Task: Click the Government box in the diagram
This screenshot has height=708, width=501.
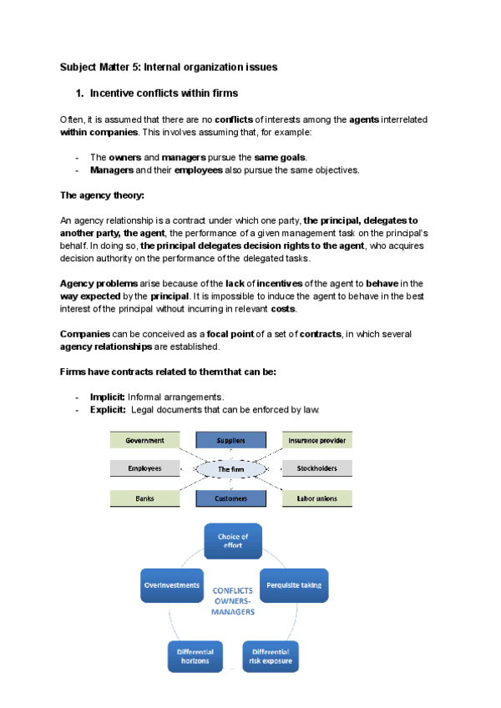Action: coord(144,440)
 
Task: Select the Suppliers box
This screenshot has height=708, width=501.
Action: coord(230,440)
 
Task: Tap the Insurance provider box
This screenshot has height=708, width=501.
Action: coord(316,440)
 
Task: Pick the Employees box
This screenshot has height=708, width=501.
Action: coord(144,469)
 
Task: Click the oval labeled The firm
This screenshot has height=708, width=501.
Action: coord(230,470)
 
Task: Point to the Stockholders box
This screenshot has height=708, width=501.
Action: coord(316,469)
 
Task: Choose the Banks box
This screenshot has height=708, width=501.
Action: coord(144,498)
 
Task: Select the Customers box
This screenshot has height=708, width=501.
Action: coord(230,498)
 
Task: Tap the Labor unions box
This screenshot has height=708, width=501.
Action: coord(316,498)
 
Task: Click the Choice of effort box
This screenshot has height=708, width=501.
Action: coord(233,541)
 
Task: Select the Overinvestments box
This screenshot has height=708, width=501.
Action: coord(173,585)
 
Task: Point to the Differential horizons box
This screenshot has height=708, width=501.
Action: coord(195,656)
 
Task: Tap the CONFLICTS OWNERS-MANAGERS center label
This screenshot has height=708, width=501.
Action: coord(234,600)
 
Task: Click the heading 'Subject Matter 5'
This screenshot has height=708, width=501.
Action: coord(169,66)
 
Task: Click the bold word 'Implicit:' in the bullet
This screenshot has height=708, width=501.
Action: coord(108,397)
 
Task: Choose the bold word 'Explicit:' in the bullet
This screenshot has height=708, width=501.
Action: coord(108,410)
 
